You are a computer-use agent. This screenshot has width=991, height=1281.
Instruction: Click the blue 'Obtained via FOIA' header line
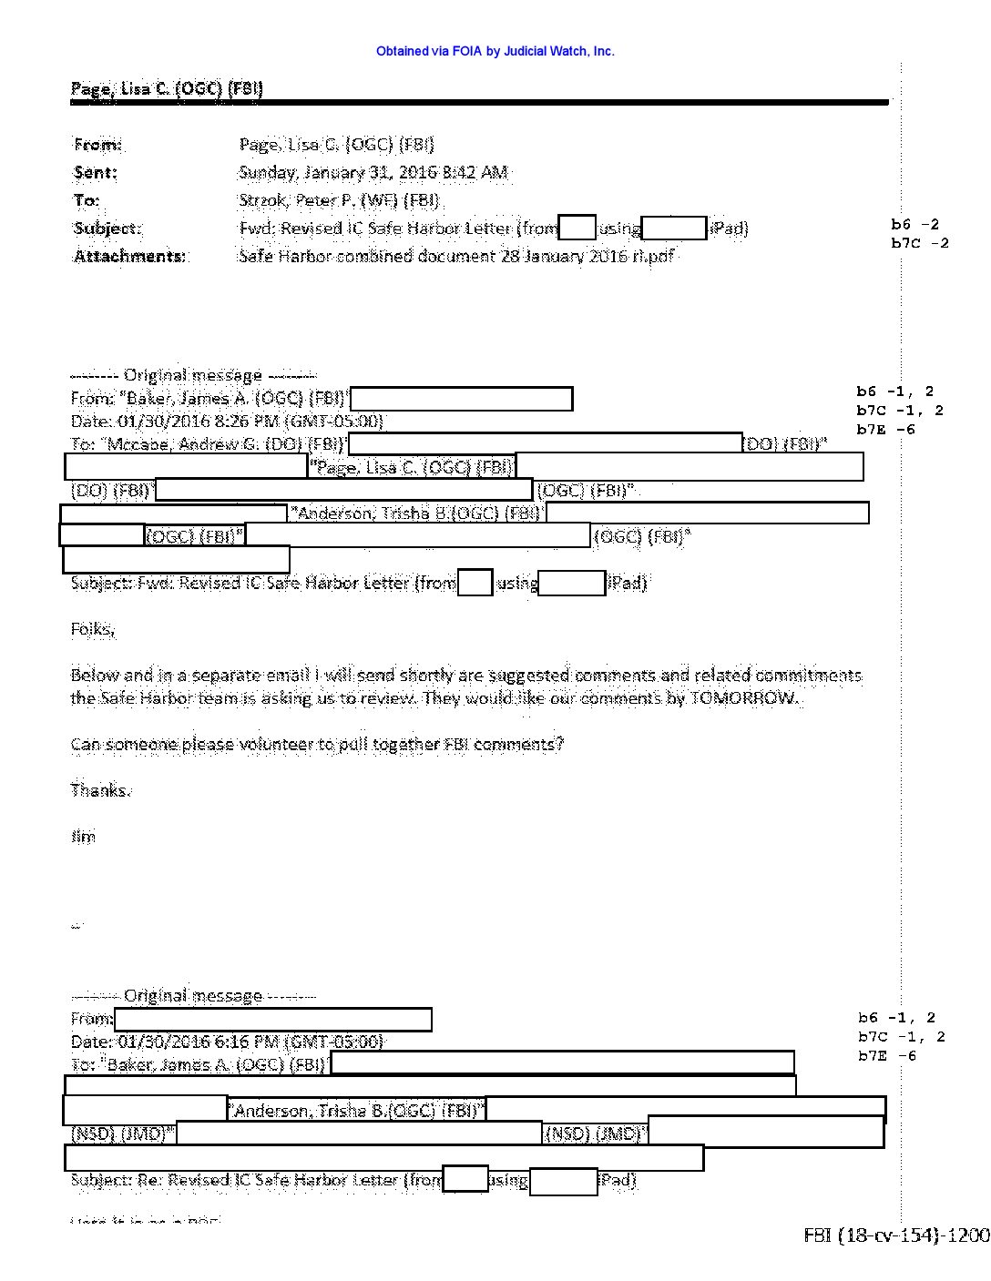(x=495, y=52)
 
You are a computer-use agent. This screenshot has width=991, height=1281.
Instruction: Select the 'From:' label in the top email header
(x=97, y=145)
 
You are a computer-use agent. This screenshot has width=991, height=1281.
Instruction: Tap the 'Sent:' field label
(x=96, y=172)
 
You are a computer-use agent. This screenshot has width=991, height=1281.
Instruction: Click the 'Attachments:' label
(x=129, y=256)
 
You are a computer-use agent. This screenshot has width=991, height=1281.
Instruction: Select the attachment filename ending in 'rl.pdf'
(x=456, y=256)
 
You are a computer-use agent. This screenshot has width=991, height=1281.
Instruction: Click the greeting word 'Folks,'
(x=92, y=629)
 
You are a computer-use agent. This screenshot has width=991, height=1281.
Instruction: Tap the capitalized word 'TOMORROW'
(x=744, y=698)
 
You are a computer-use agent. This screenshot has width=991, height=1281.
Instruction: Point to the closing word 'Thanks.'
(x=100, y=790)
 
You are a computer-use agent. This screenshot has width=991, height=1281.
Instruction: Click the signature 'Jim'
(x=83, y=836)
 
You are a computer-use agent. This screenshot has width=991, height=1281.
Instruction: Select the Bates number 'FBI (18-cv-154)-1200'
(x=895, y=1235)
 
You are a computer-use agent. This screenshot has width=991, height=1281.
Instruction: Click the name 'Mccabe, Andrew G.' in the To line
(x=175, y=444)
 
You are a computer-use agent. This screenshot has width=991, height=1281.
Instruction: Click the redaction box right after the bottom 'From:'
(x=272, y=1019)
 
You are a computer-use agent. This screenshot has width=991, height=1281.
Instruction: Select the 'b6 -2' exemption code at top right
(x=914, y=224)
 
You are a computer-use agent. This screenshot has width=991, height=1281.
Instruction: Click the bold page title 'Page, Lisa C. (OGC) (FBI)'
(x=167, y=88)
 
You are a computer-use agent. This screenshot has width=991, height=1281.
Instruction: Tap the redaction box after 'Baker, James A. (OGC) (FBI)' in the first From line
(x=461, y=399)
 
